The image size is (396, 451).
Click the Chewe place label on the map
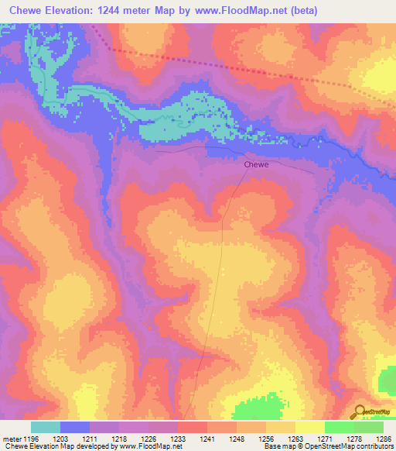click(256, 165)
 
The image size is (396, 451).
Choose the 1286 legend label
click(384, 439)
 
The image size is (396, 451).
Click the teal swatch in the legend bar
click(45, 427)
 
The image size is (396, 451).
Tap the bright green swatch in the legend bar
click(339, 427)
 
